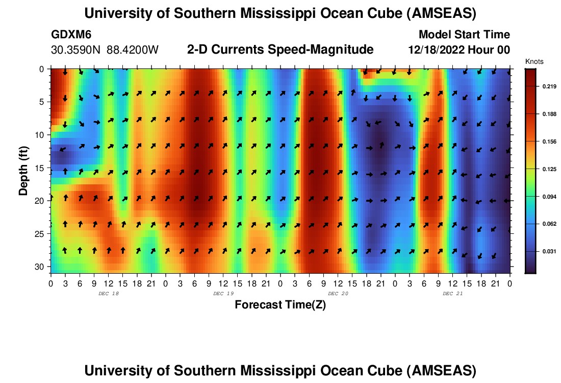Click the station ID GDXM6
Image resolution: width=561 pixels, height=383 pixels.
click(x=71, y=34)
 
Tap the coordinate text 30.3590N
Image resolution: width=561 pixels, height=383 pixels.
click(x=76, y=50)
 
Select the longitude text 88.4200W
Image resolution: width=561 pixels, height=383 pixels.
click(x=133, y=50)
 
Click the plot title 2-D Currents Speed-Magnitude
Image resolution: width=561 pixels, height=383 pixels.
click(x=280, y=50)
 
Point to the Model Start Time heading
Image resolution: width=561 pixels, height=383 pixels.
click(x=464, y=34)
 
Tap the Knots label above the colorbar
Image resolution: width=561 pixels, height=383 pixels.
click(x=534, y=61)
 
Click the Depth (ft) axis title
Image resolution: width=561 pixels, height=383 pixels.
click(x=23, y=171)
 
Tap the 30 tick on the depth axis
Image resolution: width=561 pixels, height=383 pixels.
click(x=39, y=267)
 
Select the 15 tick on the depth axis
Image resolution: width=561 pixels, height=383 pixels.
click(x=39, y=167)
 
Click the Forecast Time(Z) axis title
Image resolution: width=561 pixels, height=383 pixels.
click(x=280, y=304)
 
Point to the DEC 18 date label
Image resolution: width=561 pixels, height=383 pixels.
click(x=109, y=294)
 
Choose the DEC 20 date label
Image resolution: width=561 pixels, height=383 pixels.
click(x=338, y=294)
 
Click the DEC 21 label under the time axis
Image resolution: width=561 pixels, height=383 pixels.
click(x=452, y=294)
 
